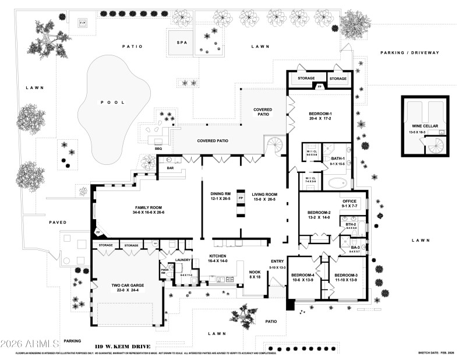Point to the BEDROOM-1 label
[x=320, y=114]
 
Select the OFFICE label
[x=349, y=201]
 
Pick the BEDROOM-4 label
[x=303, y=275]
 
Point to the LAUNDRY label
[x=183, y=260]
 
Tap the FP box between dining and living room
[x=241, y=198]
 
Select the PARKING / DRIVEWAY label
[x=409, y=52]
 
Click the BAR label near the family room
[x=171, y=167]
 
